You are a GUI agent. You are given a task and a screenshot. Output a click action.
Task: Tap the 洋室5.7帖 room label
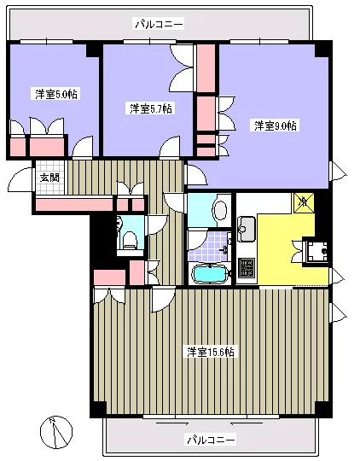150,108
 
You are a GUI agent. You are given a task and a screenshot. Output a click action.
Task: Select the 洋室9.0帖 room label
275,126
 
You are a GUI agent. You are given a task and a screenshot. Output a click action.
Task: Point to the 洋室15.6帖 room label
211,351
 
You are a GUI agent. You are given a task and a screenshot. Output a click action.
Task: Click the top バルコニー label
159,25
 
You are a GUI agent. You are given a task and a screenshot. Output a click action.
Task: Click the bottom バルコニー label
210,440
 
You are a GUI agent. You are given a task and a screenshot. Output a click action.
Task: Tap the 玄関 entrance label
49,178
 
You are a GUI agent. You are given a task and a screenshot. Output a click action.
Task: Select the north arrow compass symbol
55,430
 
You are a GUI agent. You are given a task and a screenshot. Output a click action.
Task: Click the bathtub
209,274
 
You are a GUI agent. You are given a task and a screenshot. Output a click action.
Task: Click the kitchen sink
247,228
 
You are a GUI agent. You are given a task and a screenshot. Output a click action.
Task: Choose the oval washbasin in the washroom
220,211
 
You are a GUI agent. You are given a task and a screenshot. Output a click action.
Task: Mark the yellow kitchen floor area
277,248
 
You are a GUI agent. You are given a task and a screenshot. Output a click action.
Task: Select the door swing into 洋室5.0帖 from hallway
81,149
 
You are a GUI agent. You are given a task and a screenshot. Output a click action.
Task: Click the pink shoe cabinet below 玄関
73,204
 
